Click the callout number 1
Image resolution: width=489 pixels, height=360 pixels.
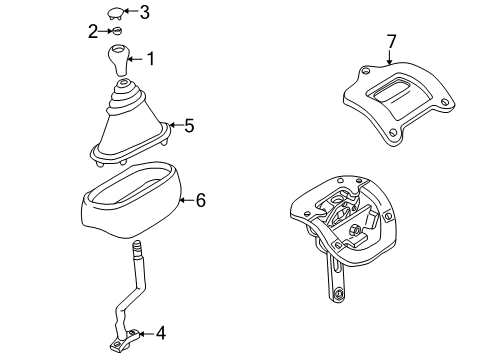tap(151, 59)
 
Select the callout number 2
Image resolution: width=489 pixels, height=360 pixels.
tap(93, 31)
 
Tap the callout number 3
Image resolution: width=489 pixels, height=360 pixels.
tap(145, 12)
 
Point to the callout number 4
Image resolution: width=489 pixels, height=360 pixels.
tap(162, 334)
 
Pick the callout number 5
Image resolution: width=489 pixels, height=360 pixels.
tap(188, 126)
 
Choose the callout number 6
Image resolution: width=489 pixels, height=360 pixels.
tap(200, 201)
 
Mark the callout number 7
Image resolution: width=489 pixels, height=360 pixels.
tap(392, 41)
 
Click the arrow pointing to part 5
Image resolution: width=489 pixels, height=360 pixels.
tap(173, 126)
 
